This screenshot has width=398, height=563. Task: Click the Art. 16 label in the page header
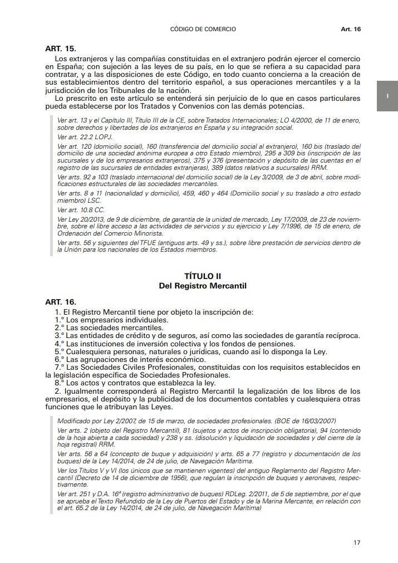(x=351, y=29)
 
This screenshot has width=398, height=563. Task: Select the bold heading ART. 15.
(x=60, y=48)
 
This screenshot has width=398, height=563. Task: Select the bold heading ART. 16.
(x=60, y=301)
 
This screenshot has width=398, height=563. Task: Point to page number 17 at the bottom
(x=357, y=542)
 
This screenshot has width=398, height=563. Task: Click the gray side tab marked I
(x=387, y=96)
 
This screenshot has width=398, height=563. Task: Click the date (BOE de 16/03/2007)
(x=303, y=421)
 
